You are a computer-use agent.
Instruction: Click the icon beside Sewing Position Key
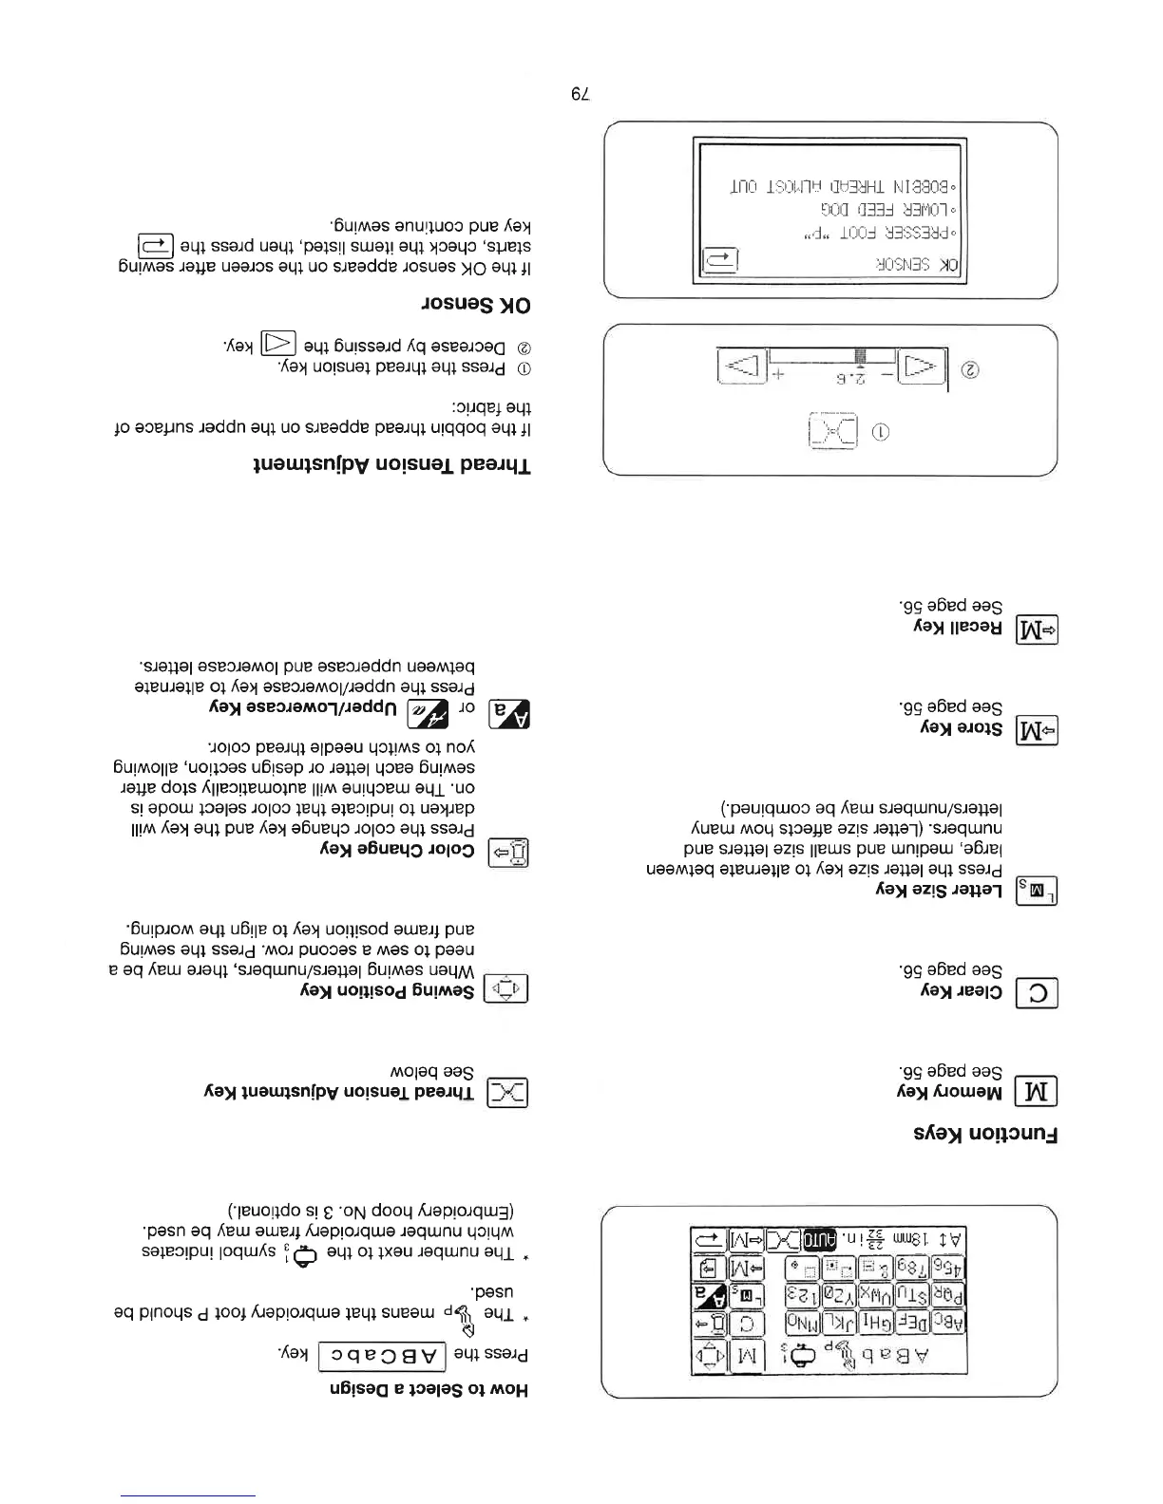pyautogui.click(x=507, y=989)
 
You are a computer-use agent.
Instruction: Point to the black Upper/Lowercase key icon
pyautogui.click(x=507, y=711)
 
